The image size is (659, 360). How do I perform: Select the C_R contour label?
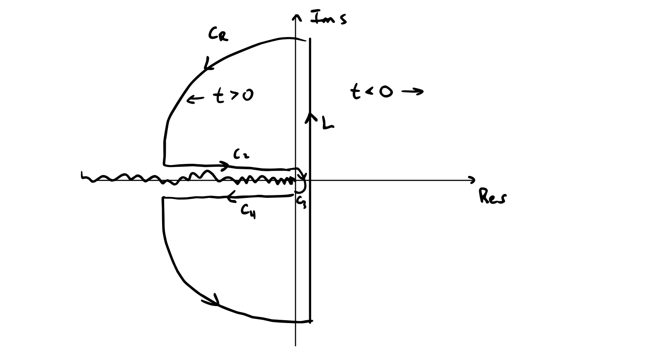218,35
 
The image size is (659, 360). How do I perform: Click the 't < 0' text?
371,92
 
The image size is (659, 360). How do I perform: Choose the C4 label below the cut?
248,212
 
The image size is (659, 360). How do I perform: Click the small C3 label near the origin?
301,202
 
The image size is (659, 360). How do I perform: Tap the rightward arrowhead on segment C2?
225,166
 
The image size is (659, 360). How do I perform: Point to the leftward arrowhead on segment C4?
231,195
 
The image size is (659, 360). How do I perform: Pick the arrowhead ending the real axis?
472,180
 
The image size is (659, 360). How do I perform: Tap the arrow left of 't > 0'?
195,99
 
